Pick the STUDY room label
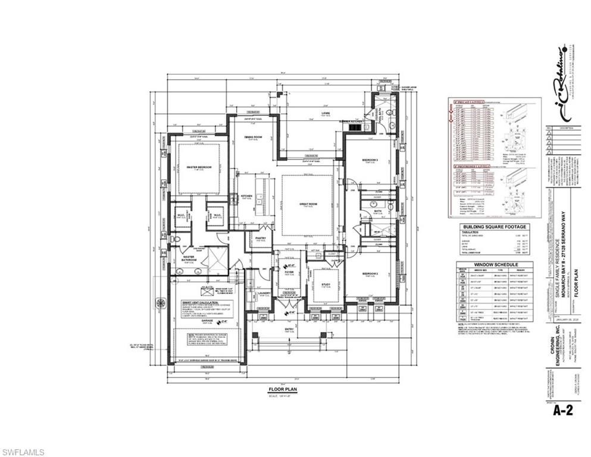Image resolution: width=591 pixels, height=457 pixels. coord(326,284)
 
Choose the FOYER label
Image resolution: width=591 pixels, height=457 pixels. coord(289,272)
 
